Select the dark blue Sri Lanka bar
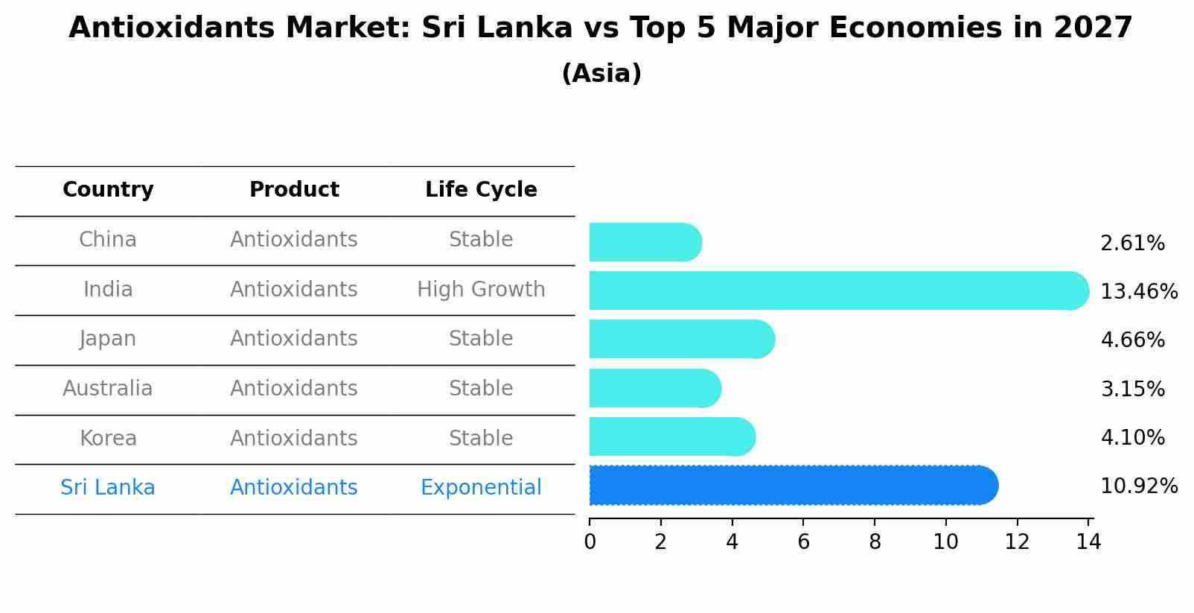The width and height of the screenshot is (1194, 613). coord(793,486)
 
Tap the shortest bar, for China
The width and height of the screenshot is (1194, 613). coord(645,242)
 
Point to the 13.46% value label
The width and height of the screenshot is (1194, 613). coord(1138,291)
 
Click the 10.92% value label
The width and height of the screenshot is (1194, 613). coord(1138,486)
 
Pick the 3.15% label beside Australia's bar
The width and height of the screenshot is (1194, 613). coord(1131,389)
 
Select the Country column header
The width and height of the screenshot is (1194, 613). coord(108,190)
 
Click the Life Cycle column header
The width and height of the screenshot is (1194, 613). coord(481,190)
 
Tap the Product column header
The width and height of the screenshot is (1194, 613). coord(294,190)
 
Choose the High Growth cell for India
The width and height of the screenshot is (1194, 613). coord(481,290)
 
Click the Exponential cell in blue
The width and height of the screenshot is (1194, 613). coord(481,488)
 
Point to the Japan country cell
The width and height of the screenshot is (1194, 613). coord(108,339)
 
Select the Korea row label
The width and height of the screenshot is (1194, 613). coord(108,439)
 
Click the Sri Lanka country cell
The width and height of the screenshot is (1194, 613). coord(108,488)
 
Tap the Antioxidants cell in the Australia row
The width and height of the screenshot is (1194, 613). coord(294,389)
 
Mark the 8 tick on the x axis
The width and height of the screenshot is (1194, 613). coord(875,541)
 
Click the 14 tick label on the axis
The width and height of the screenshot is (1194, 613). coord(1088,541)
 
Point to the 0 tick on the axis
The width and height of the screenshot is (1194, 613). coord(590,541)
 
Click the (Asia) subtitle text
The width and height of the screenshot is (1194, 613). coord(601,74)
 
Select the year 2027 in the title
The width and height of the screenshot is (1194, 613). coord(1093,28)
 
